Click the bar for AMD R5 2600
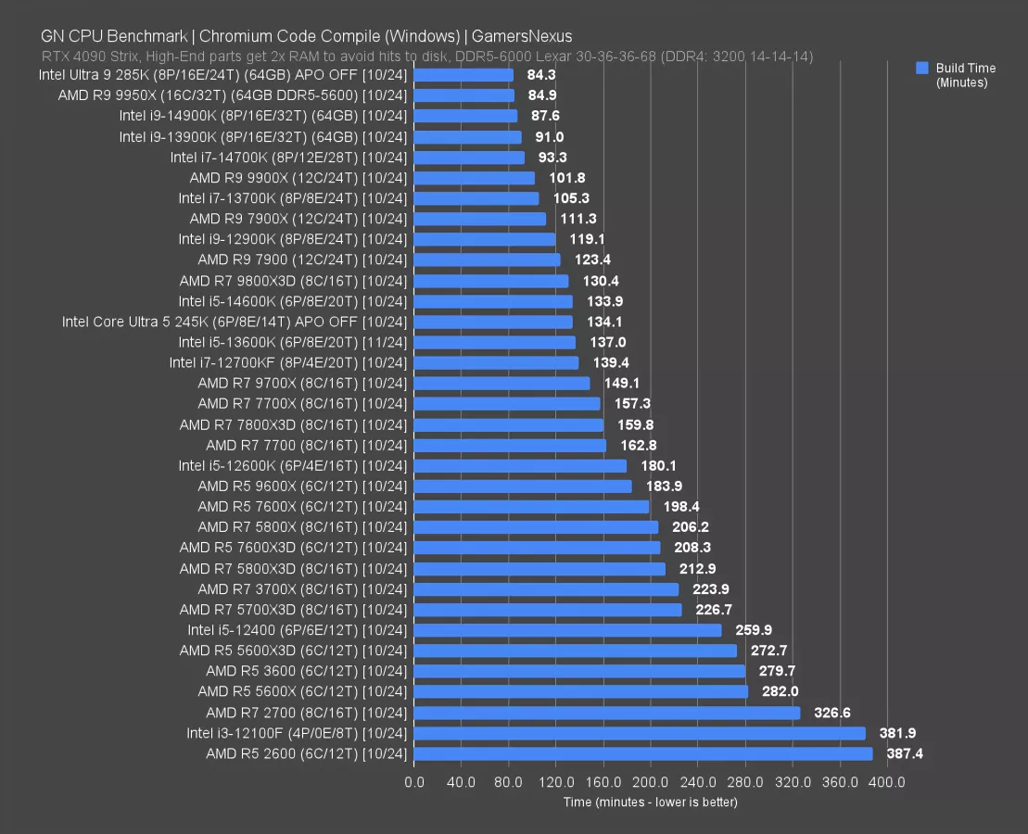(x=643, y=753)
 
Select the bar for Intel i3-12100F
(x=640, y=733)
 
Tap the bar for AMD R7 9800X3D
(x=491, y=281)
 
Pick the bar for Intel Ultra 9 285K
(x=463, y=75)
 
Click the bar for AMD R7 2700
(x=607, y=713)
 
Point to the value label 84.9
(x=541, y=95)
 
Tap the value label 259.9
(x=754, y=630)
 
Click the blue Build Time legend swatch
(x=921, y=68)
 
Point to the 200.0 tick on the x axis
(x=651, y=782)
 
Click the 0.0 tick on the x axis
(x=414, y=782)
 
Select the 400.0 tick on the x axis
(x=887, y=782)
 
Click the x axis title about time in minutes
(x=650, y=802)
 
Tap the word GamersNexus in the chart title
(x=522, y=37)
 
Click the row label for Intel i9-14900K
(x=262, y=116)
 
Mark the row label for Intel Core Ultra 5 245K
(x=234, y=322)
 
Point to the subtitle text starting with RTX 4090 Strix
(x=426, y=57)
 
